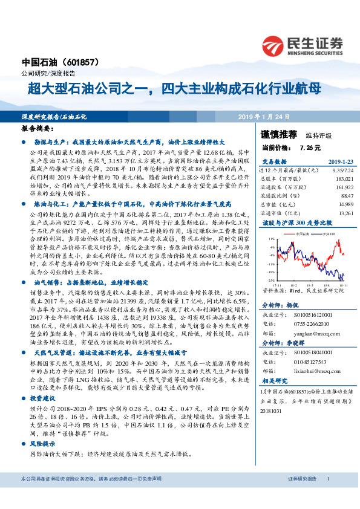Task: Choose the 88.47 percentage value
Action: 345,196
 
